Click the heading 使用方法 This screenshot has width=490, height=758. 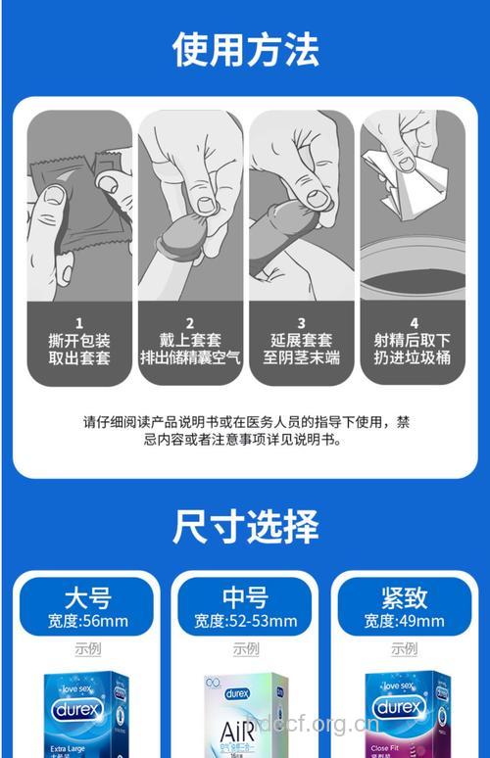point(245,48)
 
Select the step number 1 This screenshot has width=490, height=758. point(79,322)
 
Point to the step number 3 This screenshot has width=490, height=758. point(301,322)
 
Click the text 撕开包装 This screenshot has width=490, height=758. point(79,340)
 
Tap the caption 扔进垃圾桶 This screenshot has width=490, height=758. point(412,357)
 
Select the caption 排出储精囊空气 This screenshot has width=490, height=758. point(190,357)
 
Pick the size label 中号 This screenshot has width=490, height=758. point(245,596)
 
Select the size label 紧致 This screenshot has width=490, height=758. point(404,596)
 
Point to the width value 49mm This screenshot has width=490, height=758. point(421,621)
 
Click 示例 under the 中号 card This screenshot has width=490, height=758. point(245,648)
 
